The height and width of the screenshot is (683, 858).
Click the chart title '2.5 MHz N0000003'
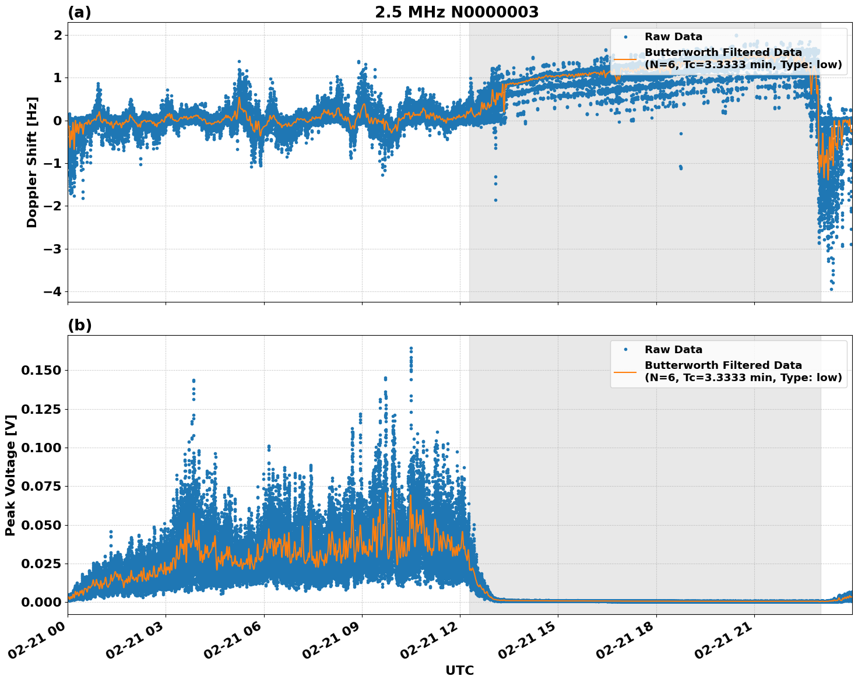tap(456, 12)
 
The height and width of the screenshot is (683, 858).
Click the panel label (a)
tap(79, 12)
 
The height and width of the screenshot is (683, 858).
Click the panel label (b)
tap(79, 325)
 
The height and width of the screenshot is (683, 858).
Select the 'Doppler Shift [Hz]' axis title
tap(32, 162)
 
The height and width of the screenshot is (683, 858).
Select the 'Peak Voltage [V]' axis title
tap(10, 475)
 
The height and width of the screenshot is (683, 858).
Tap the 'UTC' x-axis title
tap(459, 670)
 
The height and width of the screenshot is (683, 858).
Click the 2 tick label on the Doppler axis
tap(58, 35)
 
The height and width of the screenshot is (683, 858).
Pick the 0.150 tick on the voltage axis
tap(41, 371)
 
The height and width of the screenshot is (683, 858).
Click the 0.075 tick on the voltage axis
tap(41, 486)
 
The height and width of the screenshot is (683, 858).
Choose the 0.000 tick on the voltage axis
tap(41, 602)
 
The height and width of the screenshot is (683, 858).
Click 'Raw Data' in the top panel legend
tap(673, 37)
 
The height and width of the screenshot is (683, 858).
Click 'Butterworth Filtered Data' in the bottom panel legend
tap(723, 365)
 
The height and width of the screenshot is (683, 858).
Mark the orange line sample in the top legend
tap(625, 59)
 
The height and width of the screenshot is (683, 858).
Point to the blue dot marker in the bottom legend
tap(625, 350)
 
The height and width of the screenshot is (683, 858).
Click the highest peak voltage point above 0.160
tap(411, 348)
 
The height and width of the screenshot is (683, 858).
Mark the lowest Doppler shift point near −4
tap(831, 289)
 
